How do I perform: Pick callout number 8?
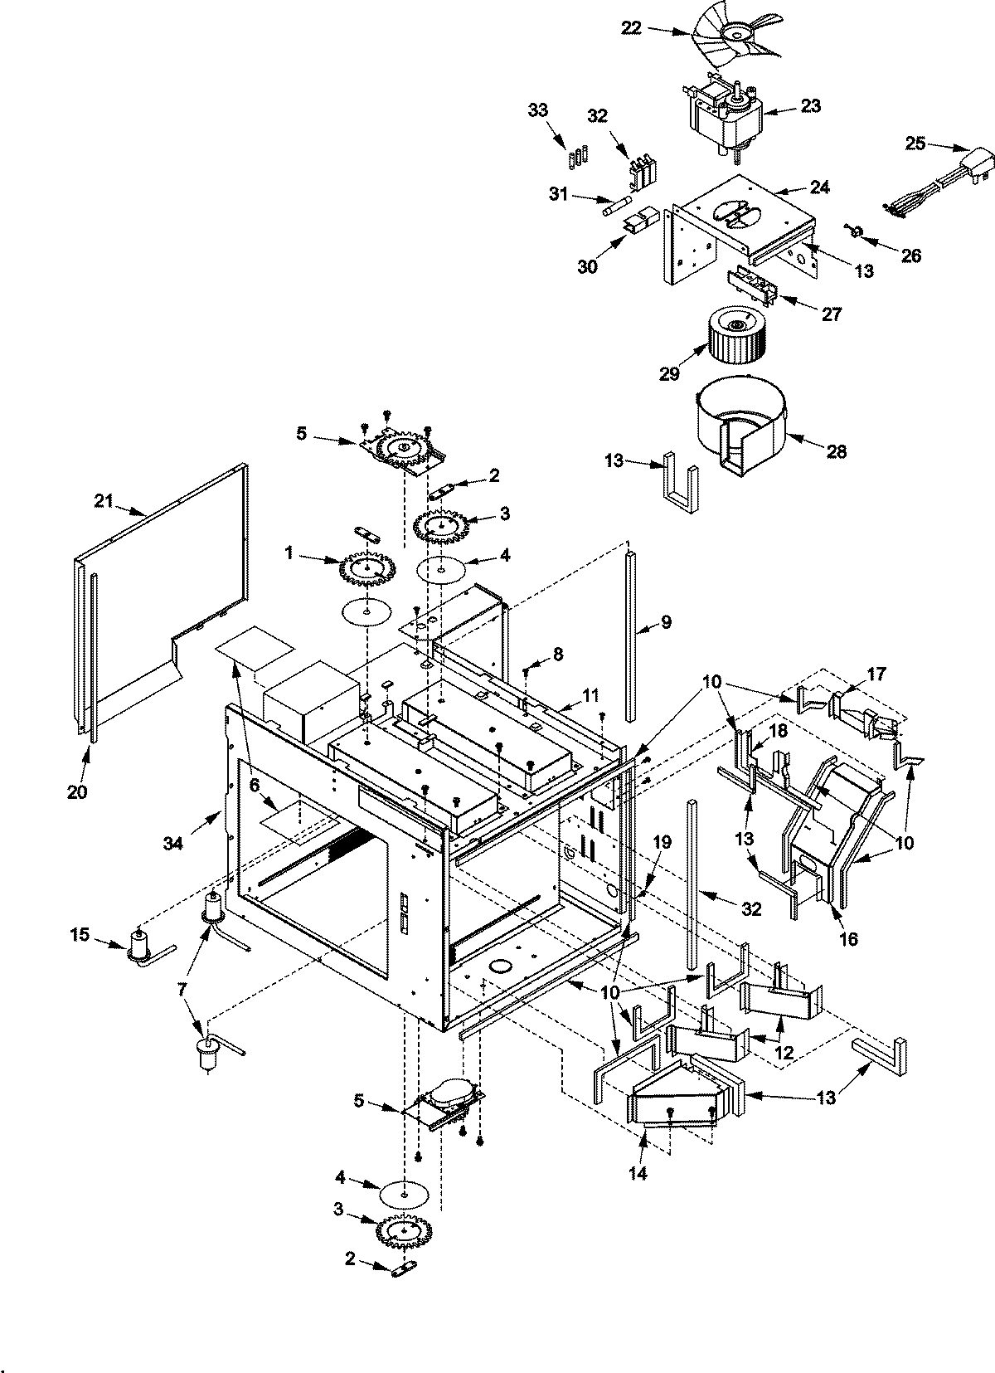click(558, 655)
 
